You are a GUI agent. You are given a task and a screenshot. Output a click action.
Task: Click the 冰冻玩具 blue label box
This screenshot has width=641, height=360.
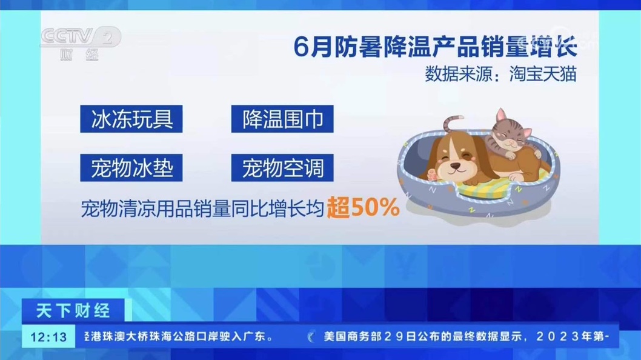pyautogui.click(x=131, y=119)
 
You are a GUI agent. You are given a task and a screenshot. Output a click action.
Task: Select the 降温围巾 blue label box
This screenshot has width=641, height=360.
pyautogui.click(x=282, y=119)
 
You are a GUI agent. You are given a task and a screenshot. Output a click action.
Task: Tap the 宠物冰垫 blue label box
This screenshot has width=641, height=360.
pyautogui.click(x=131, y=168)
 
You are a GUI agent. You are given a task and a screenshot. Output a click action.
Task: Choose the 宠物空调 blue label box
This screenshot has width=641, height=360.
pyautogui.click(x=282, y=168)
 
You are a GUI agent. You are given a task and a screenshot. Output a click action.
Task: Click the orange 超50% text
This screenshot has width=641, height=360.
pyautogui.click(x=363, y=207)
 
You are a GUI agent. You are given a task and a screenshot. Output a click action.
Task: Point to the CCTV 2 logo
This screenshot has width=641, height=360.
pyautogui.click(x=81, y=44)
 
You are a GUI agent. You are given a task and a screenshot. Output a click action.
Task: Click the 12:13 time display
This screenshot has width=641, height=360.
pyautogui.click(x=48, y=337)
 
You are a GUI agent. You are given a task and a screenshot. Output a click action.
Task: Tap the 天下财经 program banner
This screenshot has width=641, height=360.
pyautogui.click(x=73, y=311)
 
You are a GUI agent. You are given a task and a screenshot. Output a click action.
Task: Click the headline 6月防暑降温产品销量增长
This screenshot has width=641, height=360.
pyautogui.click(x=436, y=46)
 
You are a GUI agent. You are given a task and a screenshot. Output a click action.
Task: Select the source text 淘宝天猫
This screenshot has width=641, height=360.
pyautogui.click(x=543, y=74)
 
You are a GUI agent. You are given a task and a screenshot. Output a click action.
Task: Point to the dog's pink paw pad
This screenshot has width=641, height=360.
pyautogui.click(x=432, y=175)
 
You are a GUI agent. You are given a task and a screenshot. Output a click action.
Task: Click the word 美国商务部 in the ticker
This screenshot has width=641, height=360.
pyautogui.click(x=353, y=337)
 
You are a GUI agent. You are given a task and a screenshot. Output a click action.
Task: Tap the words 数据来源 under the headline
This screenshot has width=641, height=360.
pyautogui.click(x=458, y=74)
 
